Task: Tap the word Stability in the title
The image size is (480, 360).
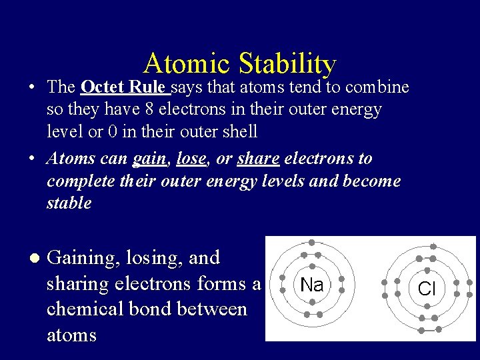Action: point(287,64)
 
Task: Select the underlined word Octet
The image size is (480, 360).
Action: point(102,87)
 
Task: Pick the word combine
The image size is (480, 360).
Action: point(377,87)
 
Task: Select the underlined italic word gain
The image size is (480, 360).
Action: point(149,159)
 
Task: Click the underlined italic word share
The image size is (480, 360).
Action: point(259,159)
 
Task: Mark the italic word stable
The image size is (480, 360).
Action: point(69,203)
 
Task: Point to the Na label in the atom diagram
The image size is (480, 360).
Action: point(311,285)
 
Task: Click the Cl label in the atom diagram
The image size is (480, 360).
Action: point(427,289)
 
